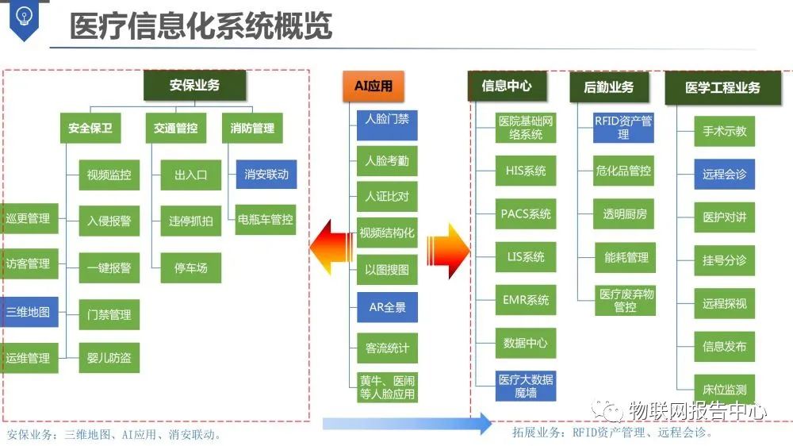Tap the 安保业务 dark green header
tap(194, 85)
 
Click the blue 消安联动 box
tap(266, 174)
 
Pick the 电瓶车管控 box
tap(266, 219)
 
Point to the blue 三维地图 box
tap(28, 312)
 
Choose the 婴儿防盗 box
tap(109, 358)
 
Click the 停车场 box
tap(191, 267)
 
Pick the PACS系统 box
tap(526, 214)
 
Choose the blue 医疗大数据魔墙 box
tap(526, 386)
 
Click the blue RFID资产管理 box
tap(623, 128)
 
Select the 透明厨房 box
tap(625, 213)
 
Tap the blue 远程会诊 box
tap(724, 174)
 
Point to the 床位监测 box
tap(724, 390)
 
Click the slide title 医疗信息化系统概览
tap(201, 26)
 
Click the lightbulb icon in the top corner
tap(21, 17)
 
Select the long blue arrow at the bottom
tap(407, 424)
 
